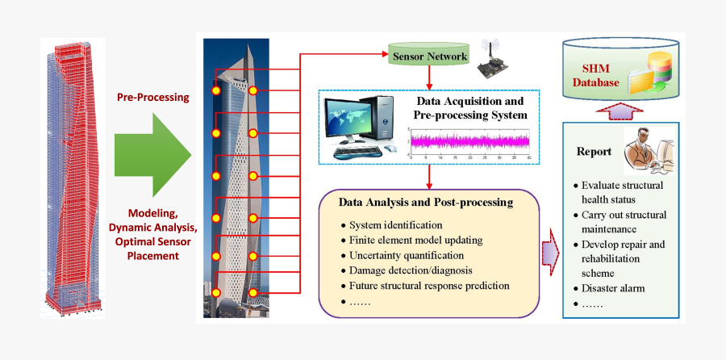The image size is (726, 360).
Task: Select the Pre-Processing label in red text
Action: pyautogui.click(x=153, y=97)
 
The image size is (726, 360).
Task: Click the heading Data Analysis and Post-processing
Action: pyautogui.click(x=425, y=203)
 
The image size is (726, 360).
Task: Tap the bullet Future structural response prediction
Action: pyautogui.click(x=430, y=286)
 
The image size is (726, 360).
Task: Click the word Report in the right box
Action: pyautogui.click(x=593, y=152)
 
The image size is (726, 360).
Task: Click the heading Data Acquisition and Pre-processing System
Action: pyautogui.click(x=469, y=109)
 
